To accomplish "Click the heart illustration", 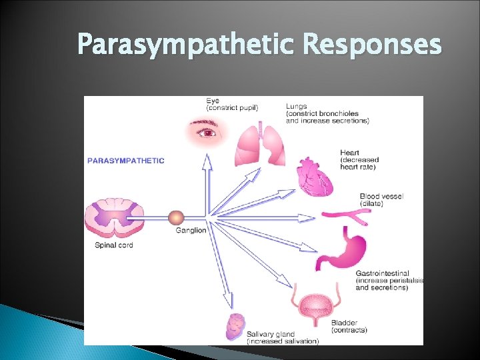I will pos(315,177).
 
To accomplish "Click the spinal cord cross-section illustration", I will pos(114,217).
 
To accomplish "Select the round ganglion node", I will pos(176,217).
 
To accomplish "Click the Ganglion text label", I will pos(191,231).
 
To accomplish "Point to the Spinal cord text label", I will pos(114,245).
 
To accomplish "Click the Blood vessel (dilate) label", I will pos(381,199).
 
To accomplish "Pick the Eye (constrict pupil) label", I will pos(232,104).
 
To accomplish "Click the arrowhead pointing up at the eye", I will pos(207,160).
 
